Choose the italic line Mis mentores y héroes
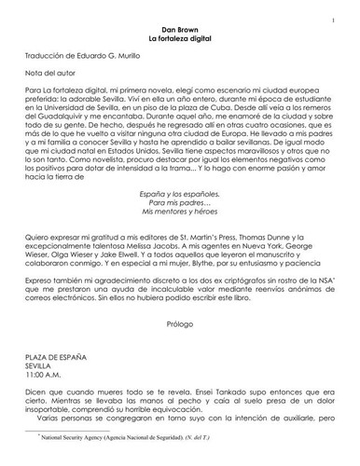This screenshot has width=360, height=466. (x=180, y=238)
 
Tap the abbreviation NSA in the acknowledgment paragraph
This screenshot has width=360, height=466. (x=312, y=304)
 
